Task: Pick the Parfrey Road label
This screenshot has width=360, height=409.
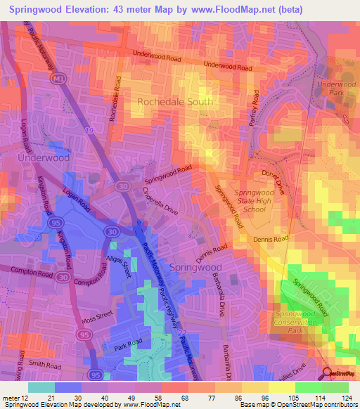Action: coord(255,105)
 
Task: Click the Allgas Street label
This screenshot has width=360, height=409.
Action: coord(119,269)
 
